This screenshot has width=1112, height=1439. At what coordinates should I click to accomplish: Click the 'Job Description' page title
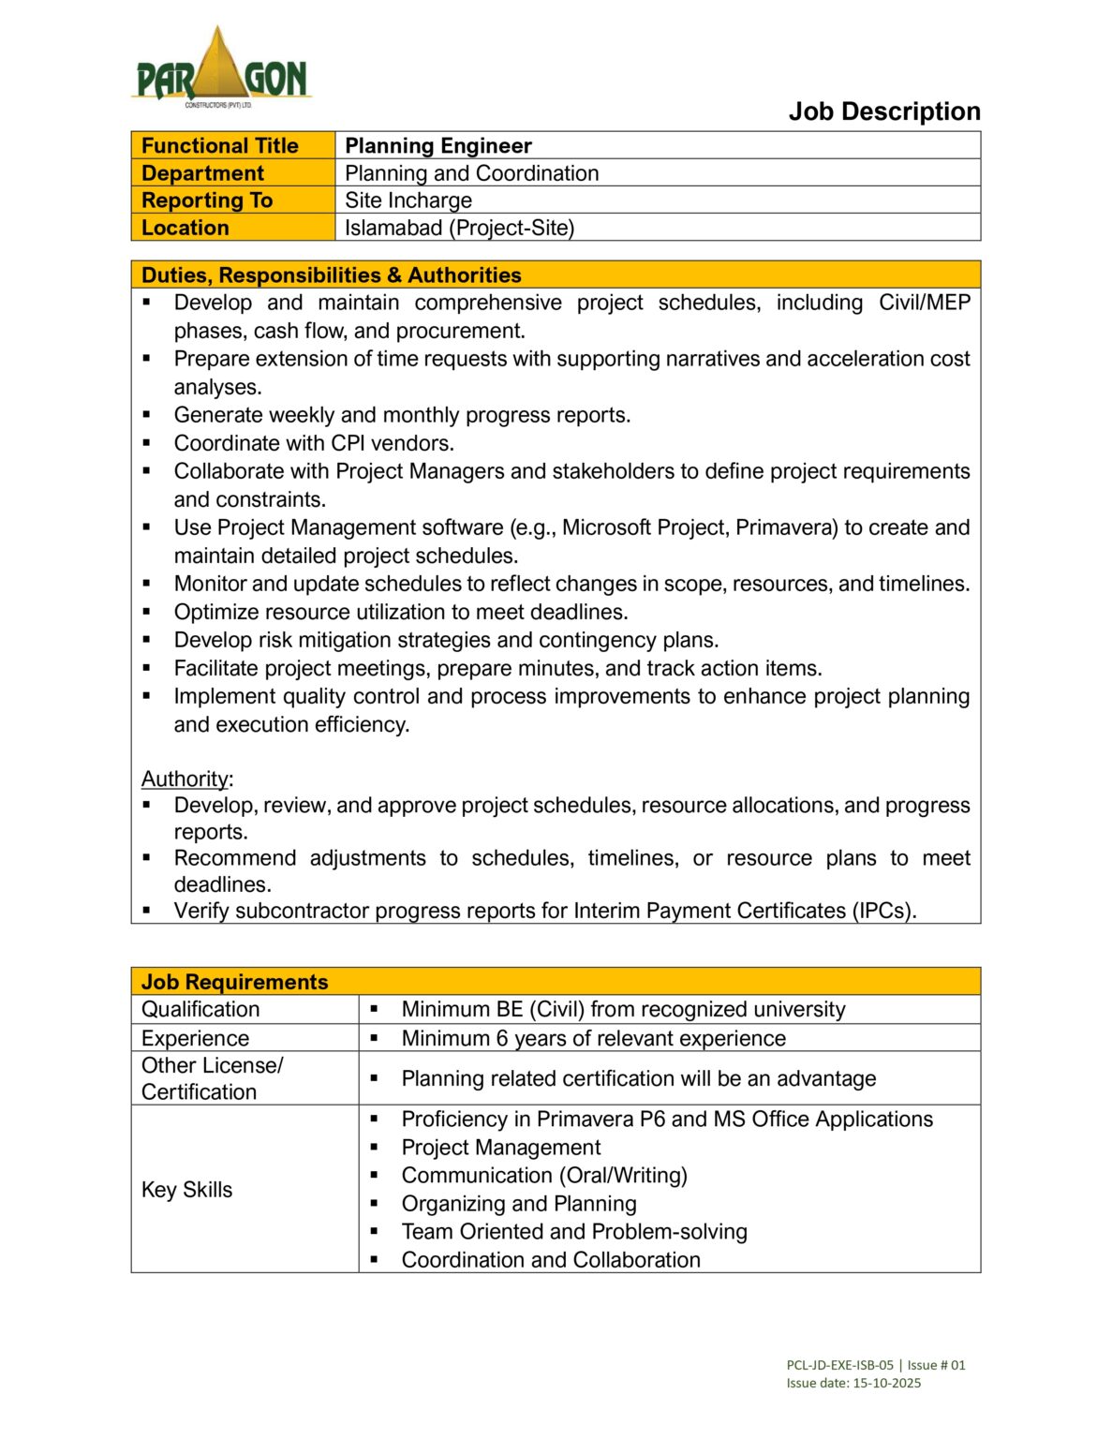pos(883,111)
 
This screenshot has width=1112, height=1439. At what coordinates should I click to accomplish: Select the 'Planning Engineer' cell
pos(437,146)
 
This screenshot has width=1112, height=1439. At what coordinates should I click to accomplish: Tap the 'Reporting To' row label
pos(206,200)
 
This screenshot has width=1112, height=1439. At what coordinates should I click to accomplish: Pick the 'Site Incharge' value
pos(408,200)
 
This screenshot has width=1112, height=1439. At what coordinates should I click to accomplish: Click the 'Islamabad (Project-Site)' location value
pos(459,228)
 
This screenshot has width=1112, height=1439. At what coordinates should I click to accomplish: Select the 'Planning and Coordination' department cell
pos(471,173)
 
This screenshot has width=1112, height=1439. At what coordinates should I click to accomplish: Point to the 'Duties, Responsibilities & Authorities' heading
pos(331,275)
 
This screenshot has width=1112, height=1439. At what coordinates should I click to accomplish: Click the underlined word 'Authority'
pos(185,779)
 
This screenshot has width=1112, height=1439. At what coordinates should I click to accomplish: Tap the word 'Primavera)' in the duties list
pos(786,527)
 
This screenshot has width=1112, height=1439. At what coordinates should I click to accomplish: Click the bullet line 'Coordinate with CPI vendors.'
pos(314,443)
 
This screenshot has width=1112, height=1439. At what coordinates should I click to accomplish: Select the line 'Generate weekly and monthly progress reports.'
pos(402,415)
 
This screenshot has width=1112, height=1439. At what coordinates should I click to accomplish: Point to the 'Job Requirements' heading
pos(234,982)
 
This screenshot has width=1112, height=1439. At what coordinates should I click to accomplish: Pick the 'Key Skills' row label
pos(186,1190)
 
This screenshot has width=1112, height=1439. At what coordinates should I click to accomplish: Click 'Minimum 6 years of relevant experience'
pos(593,1038)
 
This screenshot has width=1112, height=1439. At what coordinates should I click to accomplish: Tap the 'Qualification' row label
pos(200,1009)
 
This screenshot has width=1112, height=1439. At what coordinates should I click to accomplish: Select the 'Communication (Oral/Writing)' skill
pos(544,1176)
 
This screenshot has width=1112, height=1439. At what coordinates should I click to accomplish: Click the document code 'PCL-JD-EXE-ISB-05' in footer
pos(839,1365)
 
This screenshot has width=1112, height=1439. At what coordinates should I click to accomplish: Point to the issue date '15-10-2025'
pos(886,1383)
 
